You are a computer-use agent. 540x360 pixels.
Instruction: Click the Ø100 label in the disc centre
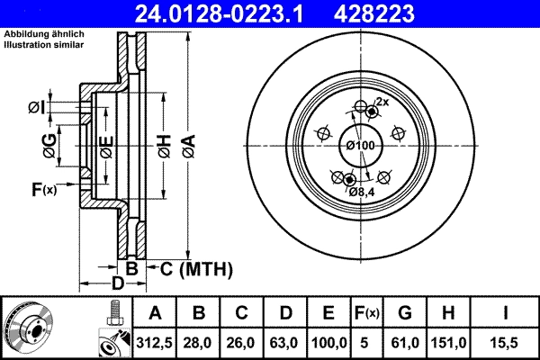pos(360,146)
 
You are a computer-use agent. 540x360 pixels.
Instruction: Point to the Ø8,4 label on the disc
pos(361,192)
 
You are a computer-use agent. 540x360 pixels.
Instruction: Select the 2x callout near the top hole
pos(382,102)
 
